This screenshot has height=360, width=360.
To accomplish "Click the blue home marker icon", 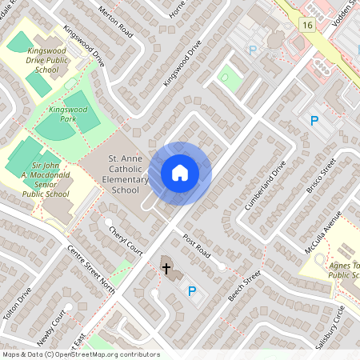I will tap(180, 173).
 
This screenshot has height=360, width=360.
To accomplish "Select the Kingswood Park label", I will tap(66, 113).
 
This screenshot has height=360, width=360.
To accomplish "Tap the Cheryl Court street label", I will tap(124, 238).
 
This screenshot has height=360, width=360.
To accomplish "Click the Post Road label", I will tap(196, 246).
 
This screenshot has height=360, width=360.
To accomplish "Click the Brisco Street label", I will tap(318, 182).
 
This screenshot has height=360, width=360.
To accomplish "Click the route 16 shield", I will tap(306, 26).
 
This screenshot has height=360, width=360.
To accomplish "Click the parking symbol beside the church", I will tap(191, 291).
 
